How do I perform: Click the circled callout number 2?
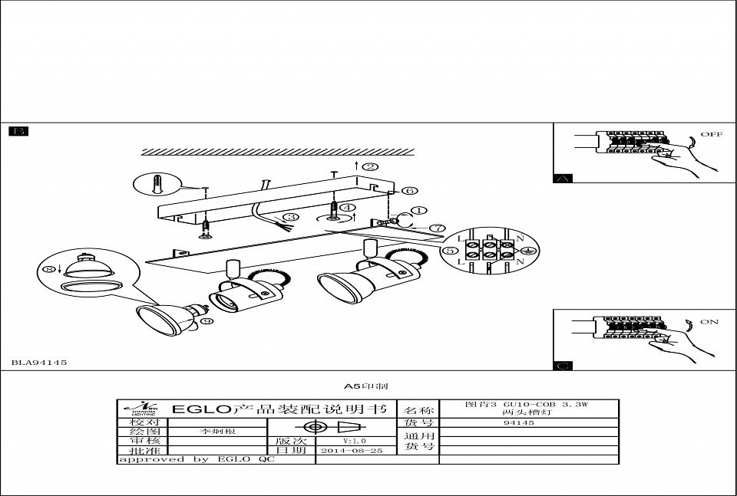[371, 166]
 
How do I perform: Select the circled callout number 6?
[410, 189]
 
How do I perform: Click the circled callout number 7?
[438, 228]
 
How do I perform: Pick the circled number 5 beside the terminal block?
[449, 250]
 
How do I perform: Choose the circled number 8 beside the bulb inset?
[52, 270]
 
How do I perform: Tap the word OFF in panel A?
[711, 134]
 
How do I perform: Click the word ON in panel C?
[709, 322]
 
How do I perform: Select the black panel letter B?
[18, 132]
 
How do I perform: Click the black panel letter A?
[563, 179]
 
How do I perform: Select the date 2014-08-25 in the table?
[352, 452]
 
